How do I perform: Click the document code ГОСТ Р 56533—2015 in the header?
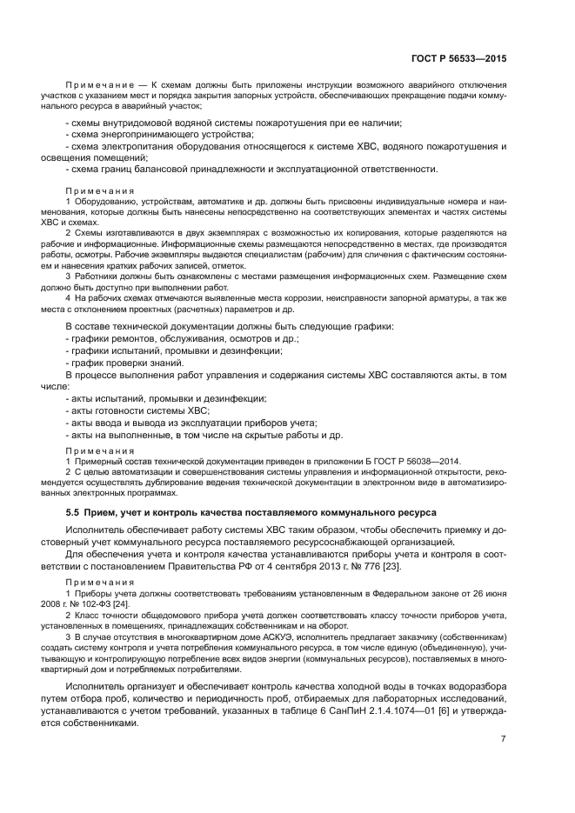pos(462,59)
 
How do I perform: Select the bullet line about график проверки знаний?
pos(124,363)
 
